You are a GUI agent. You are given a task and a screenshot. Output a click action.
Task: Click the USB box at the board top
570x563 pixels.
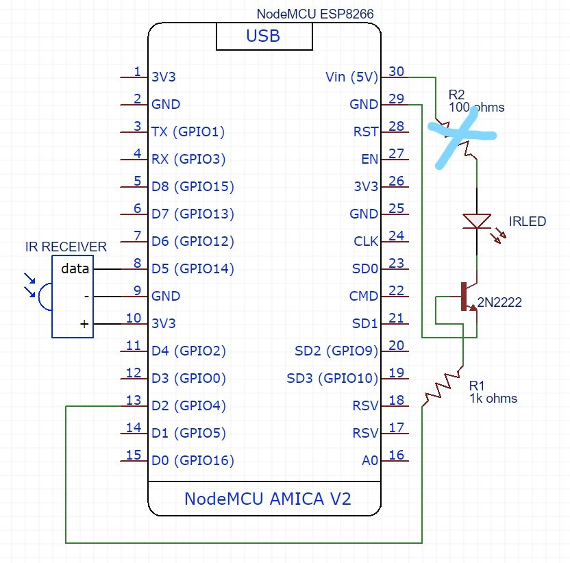tap(263, 36)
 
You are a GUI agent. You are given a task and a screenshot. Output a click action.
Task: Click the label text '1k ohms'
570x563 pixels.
tap(493, 398)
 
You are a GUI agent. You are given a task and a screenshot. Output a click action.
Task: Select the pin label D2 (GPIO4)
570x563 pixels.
tap(188, 405)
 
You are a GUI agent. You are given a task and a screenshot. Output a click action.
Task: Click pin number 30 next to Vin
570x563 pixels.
tap(396, 71)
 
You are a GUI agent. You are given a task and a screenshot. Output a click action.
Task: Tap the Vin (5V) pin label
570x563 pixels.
tap(351, 77)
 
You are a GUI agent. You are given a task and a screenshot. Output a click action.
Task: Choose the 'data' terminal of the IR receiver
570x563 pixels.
tap(75, 268)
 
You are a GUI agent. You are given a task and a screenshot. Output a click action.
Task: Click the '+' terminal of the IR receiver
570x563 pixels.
tap(85, 324)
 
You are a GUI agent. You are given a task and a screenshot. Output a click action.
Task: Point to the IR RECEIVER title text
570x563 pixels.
tap(66, 247)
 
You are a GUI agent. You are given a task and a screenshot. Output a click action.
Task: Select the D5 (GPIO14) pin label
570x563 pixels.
tap(193, 268)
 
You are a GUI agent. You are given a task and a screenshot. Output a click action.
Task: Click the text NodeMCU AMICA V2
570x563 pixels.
tap(267, 499)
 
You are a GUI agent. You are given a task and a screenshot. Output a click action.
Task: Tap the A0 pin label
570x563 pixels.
tap(370, 460)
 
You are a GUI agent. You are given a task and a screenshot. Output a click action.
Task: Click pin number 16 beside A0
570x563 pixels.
tap(396, 455)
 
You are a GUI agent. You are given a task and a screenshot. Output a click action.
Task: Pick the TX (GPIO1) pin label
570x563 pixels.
tap(188, 132)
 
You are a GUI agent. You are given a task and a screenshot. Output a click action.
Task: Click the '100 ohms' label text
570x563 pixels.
tap(476, 108)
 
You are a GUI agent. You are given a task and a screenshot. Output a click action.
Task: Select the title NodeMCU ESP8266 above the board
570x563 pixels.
tap(315, 14)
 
